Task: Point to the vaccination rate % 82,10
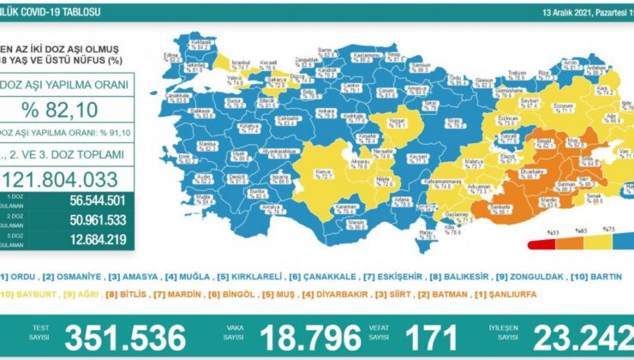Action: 68,109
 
